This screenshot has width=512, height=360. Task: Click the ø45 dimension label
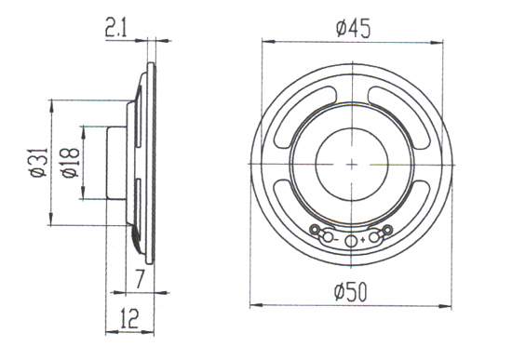[x=354, y=29]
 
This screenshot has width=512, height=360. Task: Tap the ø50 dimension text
[x=351, y=292]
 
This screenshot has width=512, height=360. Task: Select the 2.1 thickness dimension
[x=115, y=29]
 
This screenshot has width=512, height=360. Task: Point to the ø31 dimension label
[x=39, y=163]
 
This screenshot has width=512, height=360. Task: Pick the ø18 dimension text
[x=71, y=163]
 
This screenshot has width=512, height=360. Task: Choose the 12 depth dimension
[x=129, y=318]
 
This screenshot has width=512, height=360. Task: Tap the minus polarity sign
[x=336, y=241]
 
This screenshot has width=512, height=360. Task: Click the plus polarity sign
[x=362, y=241]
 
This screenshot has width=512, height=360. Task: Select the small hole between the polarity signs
[x=350, y=242]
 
